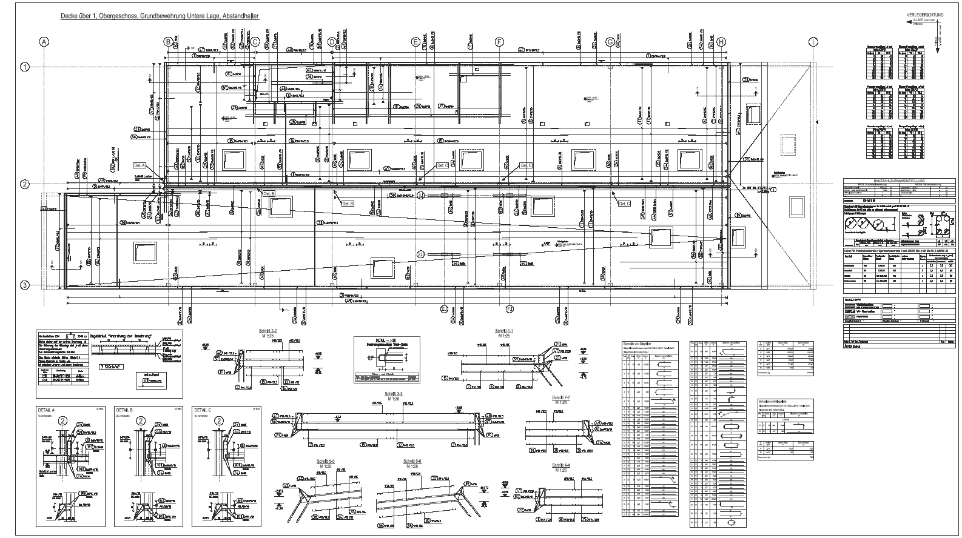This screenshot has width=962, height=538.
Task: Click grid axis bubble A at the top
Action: click(43, 42)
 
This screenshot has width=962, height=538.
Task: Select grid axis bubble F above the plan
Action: click(499, 42)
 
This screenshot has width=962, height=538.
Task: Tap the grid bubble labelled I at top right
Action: click(812, 42)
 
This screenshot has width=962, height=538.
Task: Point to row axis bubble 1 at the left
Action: click(25, 67)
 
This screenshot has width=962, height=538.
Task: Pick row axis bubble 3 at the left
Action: click(25, 285)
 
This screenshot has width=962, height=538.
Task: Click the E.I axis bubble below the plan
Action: click(444, 308)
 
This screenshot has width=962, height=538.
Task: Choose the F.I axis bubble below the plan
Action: click(510, 308)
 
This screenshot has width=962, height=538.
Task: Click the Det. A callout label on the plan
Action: click(140, 165)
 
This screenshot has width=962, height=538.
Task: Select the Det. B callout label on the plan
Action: click(269, 193)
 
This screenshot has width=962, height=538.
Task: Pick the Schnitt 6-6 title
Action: click(412, 462)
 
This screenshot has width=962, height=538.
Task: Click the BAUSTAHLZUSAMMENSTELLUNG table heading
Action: click(900, 181)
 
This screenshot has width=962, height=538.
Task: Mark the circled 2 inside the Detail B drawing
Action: click(141, 420)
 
